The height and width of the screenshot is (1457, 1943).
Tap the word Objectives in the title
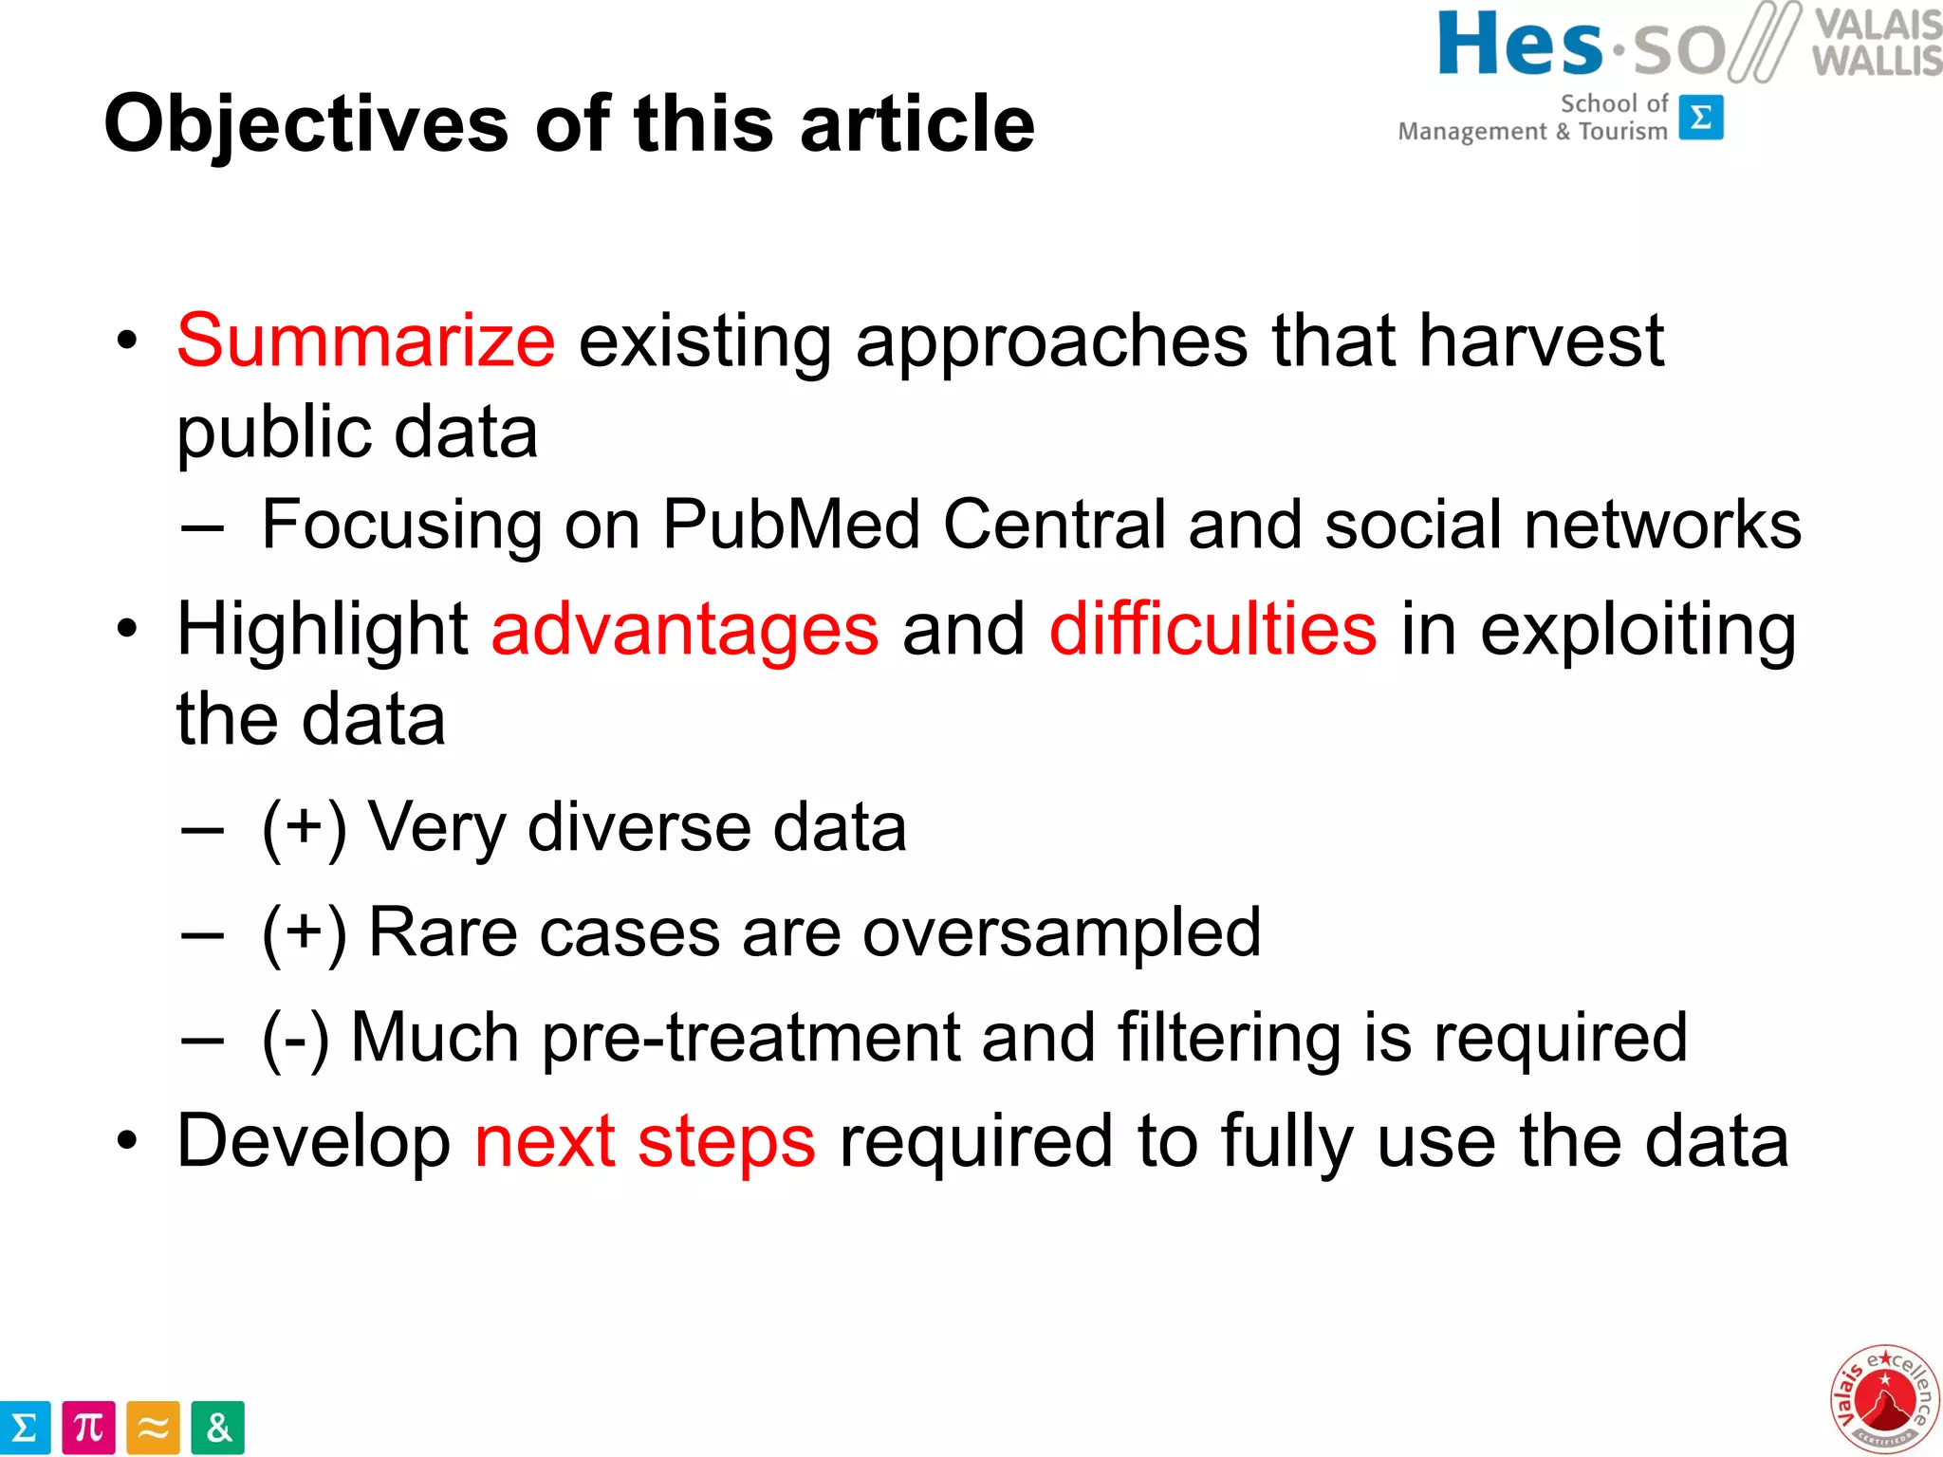click(305, 124)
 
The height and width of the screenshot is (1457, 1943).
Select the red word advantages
click(685, 629)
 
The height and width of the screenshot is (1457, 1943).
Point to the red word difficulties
click(1212, 629)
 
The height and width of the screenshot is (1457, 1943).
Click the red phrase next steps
click(644, 1141)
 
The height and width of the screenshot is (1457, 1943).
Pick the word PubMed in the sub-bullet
click(790, 524)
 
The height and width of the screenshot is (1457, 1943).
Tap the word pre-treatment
click(751, 1037)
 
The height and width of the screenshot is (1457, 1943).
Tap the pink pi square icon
click(88, 1428)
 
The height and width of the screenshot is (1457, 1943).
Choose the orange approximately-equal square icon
click(153, 1428)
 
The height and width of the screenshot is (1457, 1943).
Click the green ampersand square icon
click(217, 1428)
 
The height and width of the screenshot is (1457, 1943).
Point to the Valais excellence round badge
click(1883, 1399)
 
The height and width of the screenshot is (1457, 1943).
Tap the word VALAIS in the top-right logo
click(1878, 23)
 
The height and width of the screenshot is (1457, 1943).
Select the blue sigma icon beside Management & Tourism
click(1701, 118)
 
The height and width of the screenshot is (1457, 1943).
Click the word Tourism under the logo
click(1622, 131)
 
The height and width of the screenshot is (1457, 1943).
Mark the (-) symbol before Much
click(295, 1039)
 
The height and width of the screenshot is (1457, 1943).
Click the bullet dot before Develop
click(127, 1142)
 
